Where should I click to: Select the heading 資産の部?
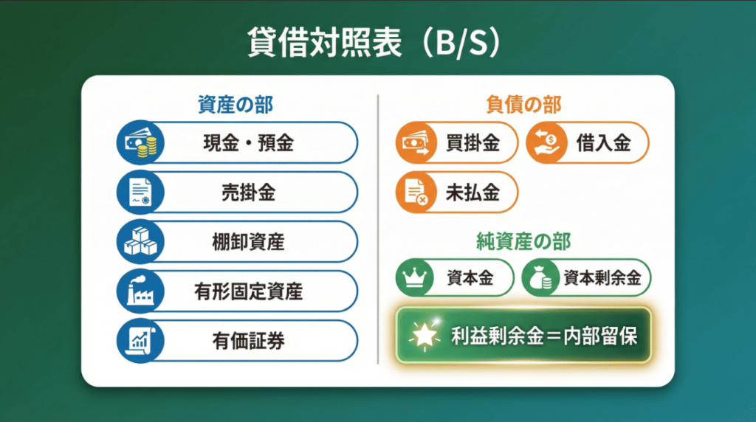click(235, 105)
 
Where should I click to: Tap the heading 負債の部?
click(523, 105)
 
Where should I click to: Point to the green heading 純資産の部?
click(523, 241)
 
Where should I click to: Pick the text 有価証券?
click(248, 341)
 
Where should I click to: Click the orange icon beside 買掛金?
click(416, 142)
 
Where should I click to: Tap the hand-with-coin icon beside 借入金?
click(547, 142)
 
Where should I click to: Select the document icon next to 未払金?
click(416, 192)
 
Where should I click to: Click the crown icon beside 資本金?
click(416, 278)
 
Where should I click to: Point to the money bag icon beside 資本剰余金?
click(542, 278)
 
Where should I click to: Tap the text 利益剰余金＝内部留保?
click(543, 336)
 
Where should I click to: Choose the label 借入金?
click(604, 142)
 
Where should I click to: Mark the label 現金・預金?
click(248, 142)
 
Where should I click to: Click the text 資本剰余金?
click(602, 278)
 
